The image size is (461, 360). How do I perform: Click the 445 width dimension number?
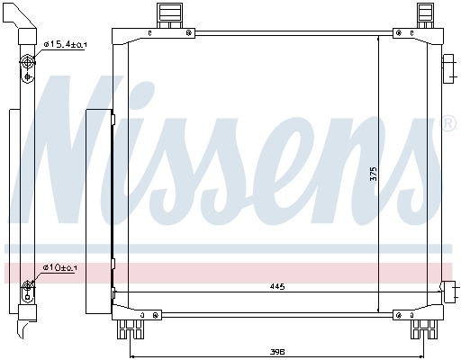click(277, 286)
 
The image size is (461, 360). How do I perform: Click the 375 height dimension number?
click(374, 174)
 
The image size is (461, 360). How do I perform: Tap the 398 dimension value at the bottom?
click(277, 352)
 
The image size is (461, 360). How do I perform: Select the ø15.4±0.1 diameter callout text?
click(65, 44)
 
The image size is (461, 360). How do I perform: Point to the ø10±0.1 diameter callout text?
click(59, 267)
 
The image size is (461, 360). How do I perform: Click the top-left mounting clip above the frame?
click(169, 16)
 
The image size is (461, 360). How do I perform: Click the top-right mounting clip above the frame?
click(425, 16)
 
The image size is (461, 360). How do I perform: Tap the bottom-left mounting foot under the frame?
click(131, 329)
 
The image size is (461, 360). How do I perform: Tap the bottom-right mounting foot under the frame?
click(424, 329)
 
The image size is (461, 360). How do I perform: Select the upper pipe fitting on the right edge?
click(448, 69)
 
